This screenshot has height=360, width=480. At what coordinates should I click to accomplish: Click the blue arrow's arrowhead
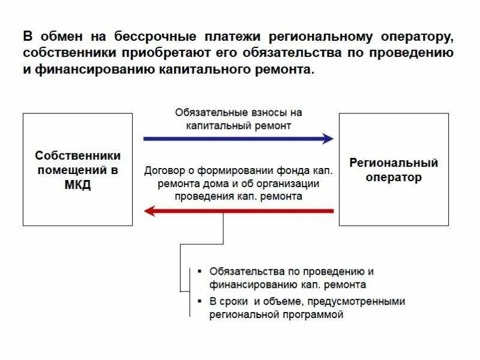coord(328,139)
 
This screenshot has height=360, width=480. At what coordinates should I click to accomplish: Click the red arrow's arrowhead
coord(150,211)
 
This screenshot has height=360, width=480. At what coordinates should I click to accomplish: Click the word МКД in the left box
coord(77,185)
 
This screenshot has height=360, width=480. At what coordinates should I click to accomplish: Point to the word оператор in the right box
coord(394,178)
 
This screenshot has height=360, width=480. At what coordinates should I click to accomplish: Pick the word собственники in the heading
coord(71,53)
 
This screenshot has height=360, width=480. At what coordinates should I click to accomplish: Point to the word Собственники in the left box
coord(77,155)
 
